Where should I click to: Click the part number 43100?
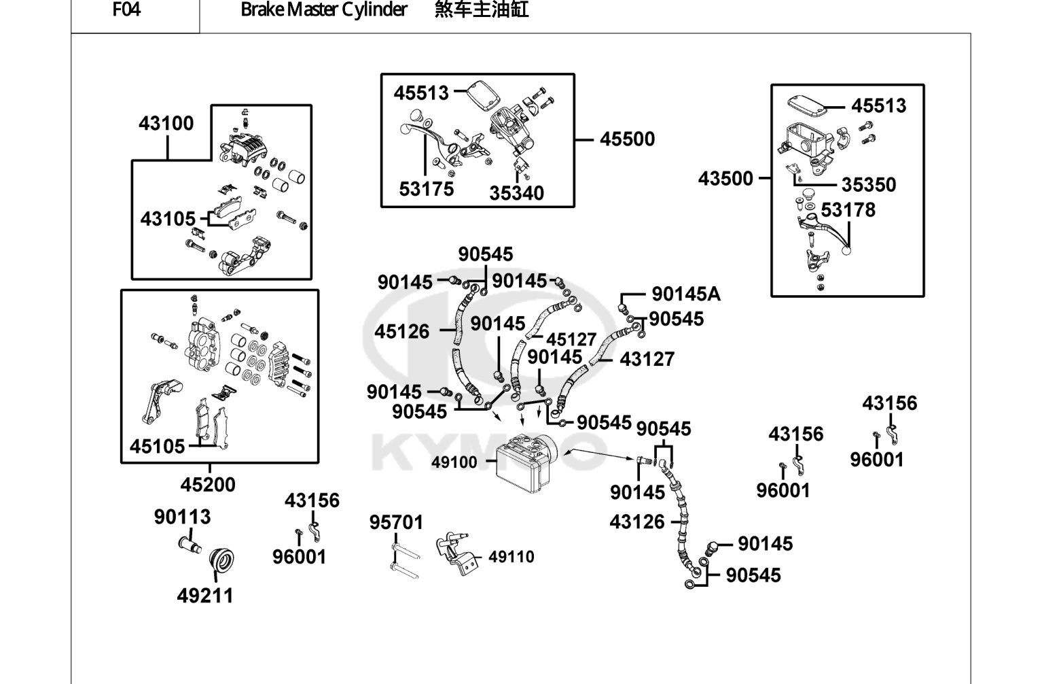[166, 124]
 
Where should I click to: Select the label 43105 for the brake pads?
[168, 219]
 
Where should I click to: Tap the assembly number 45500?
[627, 139]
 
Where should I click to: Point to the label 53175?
[426, 190]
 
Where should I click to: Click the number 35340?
[516, 193]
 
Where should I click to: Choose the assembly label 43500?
[725, 179]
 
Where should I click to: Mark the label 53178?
[848, 211]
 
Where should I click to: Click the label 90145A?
[686, 294]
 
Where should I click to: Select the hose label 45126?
[402, 332]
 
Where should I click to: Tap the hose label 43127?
[647, 360]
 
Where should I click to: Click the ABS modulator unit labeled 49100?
[524, 462]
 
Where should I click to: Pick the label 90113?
[182, 517]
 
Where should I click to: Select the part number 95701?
[396, 523]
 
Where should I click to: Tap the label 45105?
[157, 447]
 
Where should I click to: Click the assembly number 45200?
[208, 485]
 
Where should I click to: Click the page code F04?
[126, 10]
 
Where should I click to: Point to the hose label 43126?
[637, 522]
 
